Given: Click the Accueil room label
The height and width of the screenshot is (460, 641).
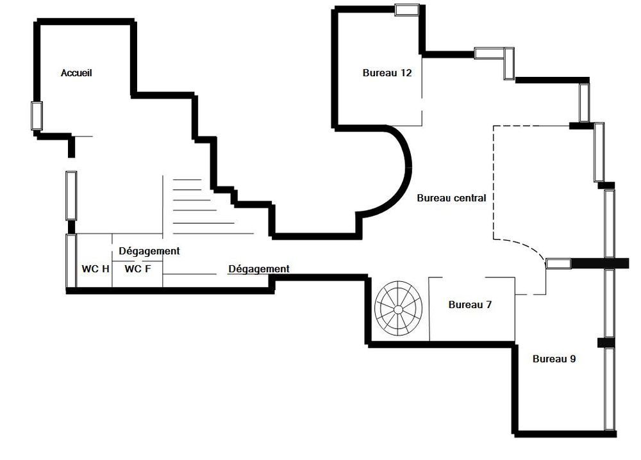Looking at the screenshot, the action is (76, 73).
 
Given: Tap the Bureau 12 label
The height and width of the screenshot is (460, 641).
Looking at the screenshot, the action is (387, 73).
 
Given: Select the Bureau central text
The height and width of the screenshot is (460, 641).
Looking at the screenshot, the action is (451, 198).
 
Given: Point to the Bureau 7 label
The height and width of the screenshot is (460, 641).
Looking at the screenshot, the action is (470, 304).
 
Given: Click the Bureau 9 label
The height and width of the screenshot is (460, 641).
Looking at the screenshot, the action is (554, 359).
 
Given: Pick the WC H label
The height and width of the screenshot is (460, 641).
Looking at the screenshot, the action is (96, 269).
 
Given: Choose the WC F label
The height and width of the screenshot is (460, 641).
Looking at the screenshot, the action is (137, 269).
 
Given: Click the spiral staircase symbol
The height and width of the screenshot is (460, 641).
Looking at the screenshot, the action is (398, 308).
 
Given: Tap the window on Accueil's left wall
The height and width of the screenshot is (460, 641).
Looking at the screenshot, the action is (37, 115).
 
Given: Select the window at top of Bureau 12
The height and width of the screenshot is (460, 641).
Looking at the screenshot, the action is (407, 10).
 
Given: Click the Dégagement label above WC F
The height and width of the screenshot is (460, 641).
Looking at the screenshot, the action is (149, 251).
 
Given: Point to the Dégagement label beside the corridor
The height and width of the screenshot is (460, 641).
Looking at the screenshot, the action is (259, 269).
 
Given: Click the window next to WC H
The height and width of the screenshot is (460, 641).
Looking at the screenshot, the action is (71, 261).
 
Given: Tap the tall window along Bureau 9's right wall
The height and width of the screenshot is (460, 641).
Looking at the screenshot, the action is (610, 388).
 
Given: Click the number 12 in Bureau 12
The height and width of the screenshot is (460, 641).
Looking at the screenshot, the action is (406, 73).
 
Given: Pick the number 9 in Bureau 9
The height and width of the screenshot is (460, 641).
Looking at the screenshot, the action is (572, 359).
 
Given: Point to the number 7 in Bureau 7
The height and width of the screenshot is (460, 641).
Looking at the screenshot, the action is (488, 304).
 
